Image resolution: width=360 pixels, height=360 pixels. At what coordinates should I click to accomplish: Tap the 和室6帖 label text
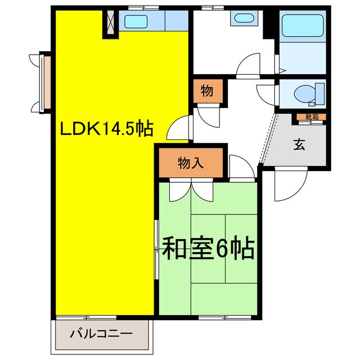209,247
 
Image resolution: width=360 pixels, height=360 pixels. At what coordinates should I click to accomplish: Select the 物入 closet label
191,164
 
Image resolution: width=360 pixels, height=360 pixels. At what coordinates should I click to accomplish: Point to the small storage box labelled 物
206,91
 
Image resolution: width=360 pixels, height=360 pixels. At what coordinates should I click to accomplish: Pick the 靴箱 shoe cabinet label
311,118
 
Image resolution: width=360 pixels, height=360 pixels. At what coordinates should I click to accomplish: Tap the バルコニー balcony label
101,334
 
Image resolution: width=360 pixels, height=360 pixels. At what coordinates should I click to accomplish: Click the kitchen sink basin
136,22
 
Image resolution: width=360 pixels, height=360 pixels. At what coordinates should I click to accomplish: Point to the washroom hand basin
244,17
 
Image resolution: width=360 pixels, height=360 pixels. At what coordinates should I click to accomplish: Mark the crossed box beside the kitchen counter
109,22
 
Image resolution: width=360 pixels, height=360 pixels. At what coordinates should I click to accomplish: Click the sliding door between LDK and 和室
156,247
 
